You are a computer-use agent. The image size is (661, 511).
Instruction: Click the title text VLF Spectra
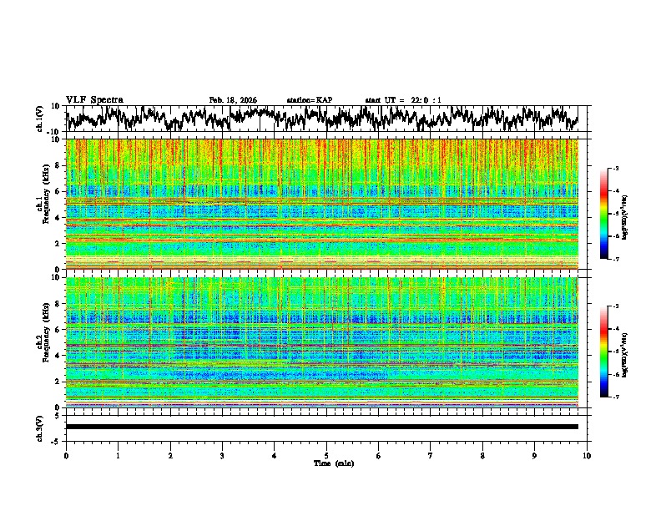tap(94, 99)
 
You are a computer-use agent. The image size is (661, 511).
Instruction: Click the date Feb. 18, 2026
tap(233, 100)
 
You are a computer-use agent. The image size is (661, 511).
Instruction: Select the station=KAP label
tap(309, 100)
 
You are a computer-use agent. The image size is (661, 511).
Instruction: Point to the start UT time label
tap(403, 100)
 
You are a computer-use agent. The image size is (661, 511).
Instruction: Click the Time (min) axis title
tap(326, 463)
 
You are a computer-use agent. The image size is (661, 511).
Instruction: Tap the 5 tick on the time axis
tap(326, 455)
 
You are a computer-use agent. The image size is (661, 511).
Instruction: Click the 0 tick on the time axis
tap(66, 455)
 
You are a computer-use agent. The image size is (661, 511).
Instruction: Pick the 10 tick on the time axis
tap(587, 455)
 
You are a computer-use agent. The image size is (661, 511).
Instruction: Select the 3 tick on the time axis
tap(222, 455)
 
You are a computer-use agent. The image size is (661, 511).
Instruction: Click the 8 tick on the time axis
tap(482, 455)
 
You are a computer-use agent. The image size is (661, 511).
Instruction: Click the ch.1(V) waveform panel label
tap(39, 119)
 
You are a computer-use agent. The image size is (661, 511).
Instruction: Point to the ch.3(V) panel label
tap(39, 427)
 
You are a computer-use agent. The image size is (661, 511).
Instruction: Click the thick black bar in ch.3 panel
tap(321, 427)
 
